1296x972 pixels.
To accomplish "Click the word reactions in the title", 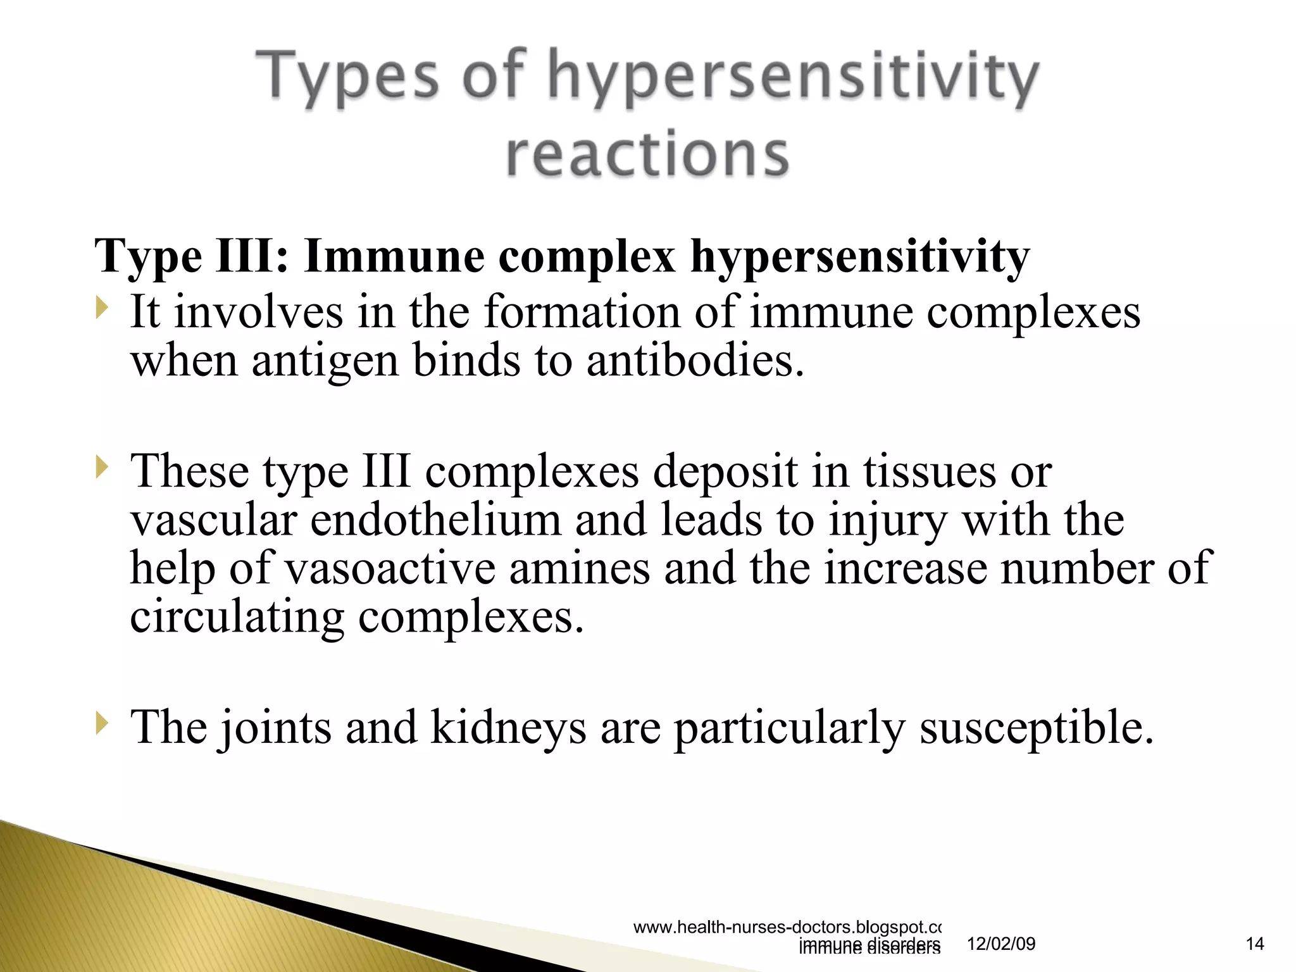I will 647,154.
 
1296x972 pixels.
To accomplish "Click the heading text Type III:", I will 192,256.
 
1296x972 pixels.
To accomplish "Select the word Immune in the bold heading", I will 394,256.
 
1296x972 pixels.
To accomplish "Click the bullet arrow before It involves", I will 102,309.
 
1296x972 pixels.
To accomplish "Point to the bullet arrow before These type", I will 102,469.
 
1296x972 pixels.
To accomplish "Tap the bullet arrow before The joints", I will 102,723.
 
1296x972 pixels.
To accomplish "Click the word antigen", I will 325,361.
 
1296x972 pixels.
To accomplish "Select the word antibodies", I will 695,360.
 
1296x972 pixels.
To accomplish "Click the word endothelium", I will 435,520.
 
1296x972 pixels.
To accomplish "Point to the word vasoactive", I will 390,568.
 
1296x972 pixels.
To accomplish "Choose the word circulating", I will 237,617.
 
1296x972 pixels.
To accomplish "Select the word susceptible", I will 1037,728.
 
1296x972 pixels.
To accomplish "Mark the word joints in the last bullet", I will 276,728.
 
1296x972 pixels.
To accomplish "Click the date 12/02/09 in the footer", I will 1001,944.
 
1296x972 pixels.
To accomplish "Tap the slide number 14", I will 1254,944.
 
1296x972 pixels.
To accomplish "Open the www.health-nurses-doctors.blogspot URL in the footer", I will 787,927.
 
